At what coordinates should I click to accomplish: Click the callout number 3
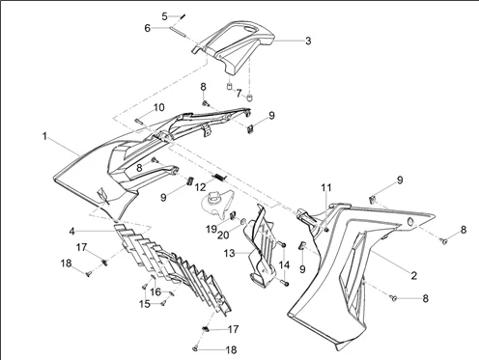point(308,41)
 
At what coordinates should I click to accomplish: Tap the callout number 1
point(44,136)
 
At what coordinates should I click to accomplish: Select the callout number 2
point(414,275)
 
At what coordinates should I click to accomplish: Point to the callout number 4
point(72,231)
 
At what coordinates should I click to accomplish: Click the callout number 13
point(229,254)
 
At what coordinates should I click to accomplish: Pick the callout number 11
point(326,187)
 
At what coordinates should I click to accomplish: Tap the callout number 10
point(158,107)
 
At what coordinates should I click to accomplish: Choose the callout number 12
point(200,187)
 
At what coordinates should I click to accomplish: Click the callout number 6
point(147,28)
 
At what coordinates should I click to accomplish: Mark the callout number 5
point(164,16)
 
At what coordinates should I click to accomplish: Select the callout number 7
point(239,94)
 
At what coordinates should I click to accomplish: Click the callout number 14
point(284,265)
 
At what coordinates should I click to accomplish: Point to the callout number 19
point(211,229)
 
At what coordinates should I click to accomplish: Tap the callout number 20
point(223,235)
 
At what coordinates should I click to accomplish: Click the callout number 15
point(145,304)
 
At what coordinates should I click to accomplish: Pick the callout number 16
point(155,291)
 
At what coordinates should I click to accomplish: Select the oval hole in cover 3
point(251,29)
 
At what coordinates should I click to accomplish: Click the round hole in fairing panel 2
point(411,222)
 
